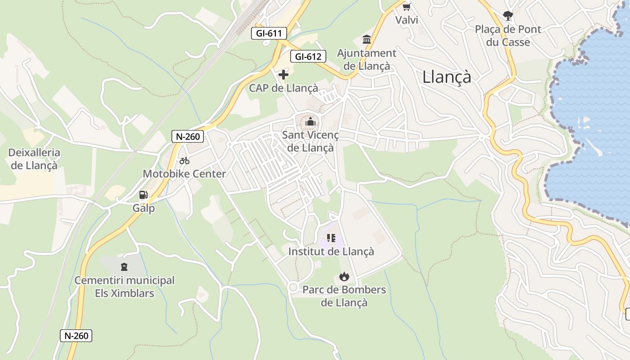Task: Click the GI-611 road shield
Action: click(269, 33)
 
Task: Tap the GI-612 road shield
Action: click(308, 57)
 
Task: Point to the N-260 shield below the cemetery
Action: click(76, 335)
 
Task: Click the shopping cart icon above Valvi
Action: click(407, 7)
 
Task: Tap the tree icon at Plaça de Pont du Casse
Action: click(508, 16)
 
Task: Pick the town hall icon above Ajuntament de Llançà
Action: click(367, 40)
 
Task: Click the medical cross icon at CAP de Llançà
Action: click(283, 74)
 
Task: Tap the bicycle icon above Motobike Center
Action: click(184, 161)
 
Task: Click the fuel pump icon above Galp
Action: click(144, 195)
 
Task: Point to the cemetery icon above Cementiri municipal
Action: click(124, 267)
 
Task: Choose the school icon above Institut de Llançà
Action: click(331, 238)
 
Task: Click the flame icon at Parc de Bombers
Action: click(344, 276)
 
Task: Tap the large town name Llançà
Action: click(446, 77)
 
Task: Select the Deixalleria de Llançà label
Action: click(34, 159)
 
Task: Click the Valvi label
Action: click(407, 20)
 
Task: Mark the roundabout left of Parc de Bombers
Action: click(293, 287)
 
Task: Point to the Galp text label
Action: click(144, 208)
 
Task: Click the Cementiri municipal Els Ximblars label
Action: click(124, 287)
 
